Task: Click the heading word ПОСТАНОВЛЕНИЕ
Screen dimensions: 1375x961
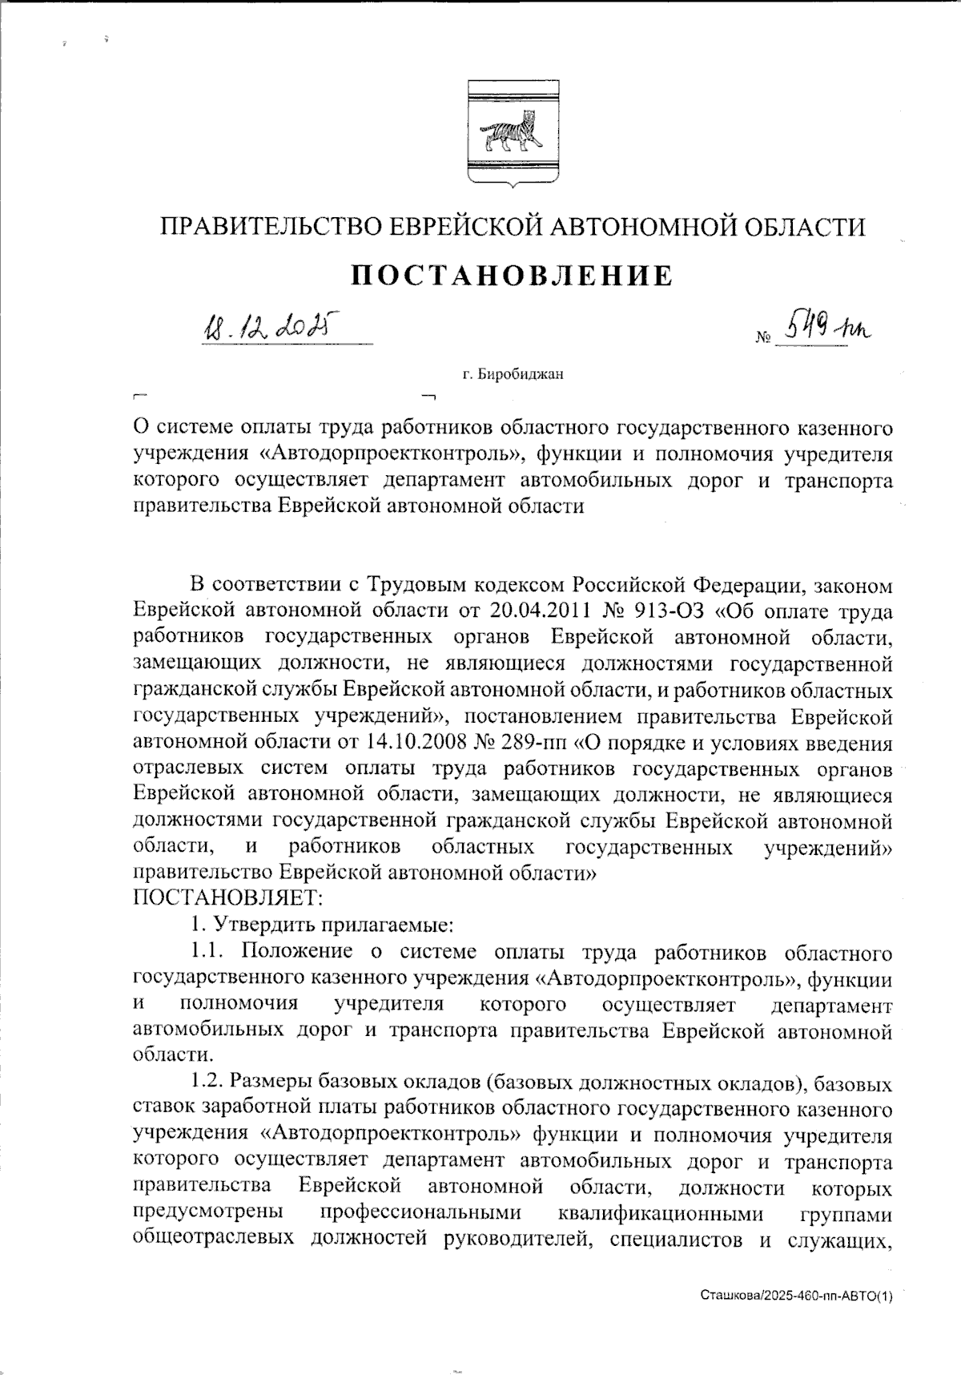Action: [x=513, y=276]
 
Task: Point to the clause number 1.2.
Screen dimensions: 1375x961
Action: [x=210, y=1083]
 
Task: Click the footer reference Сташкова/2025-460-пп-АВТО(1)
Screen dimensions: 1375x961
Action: [x=796, y=1295]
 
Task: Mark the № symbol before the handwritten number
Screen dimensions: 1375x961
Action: [x=762, y=339]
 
